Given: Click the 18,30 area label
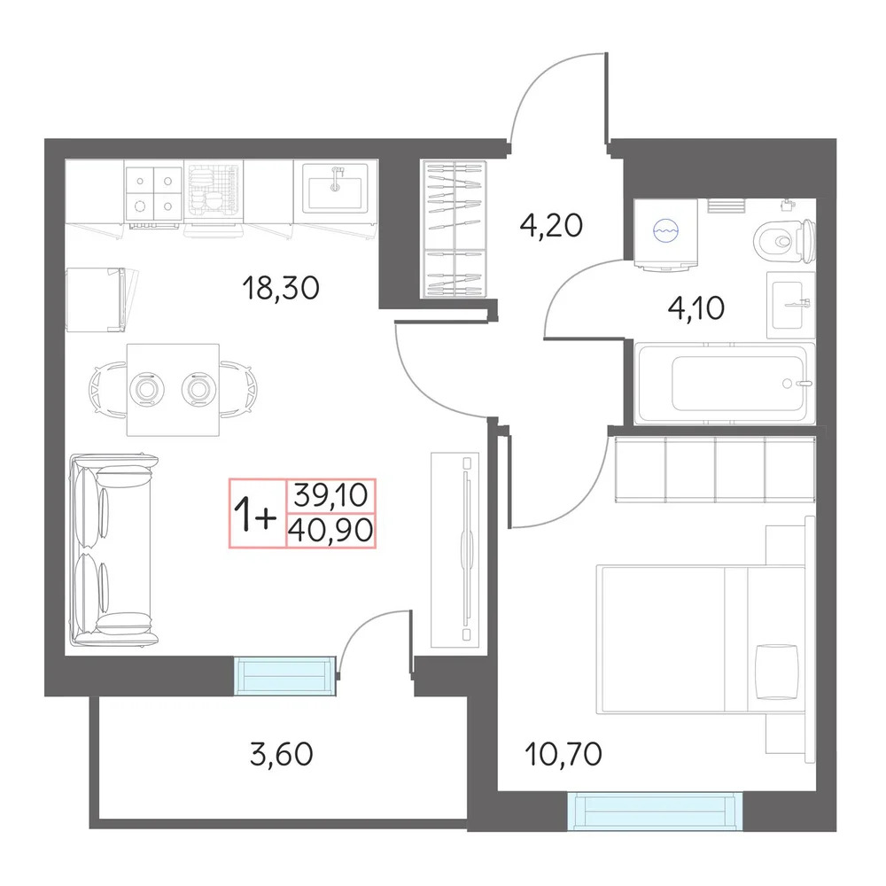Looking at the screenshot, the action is tap(281, 288).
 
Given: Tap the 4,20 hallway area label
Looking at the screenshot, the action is tap(551, 225).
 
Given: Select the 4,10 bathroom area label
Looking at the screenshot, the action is tap(696, 308).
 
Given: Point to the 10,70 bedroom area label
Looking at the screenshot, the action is tap(563, 754).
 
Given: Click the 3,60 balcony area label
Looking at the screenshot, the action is tap(282, 754).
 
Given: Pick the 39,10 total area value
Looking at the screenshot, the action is tap(331, 495).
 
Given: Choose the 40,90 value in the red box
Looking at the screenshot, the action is tap(331, 531).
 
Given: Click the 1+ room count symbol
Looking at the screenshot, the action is tap(255, 514).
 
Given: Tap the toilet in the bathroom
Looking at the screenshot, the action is tap(784, 241).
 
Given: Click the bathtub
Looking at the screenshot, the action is tap(725, 383).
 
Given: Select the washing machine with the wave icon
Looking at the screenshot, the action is tap(665, 233).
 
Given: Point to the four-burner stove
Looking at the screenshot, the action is tap(153, 194).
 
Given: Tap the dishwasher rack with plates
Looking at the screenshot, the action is tap(213, 194).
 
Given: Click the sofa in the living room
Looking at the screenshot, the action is tap(113, 549).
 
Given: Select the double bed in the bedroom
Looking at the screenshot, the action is tap(701, 639).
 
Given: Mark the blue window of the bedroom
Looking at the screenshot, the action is tap(655, 812).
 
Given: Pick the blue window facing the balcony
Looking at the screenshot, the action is tap(285, 676).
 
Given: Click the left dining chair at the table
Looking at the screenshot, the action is tap(107, 390).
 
